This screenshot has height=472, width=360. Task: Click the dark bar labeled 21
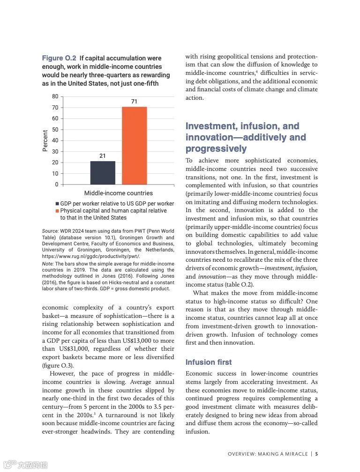click(103, 172)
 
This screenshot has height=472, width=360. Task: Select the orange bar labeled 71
click(134, 145)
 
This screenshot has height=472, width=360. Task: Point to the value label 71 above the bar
click(134, 102)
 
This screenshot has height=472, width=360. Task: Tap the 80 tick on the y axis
click(55, 96)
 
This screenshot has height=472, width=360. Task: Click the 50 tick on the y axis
click(55, 129)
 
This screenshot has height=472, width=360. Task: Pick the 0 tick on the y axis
click(57, 184)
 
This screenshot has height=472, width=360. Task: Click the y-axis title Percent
click(45, 140)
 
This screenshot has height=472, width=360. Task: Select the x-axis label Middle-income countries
click(118, 193)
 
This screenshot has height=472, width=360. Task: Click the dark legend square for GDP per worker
click(57, 204)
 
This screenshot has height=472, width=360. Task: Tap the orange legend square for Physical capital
click(57, 211)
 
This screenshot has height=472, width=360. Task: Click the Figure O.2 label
click(59, 58)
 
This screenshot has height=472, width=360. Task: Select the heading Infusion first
click(209, 362)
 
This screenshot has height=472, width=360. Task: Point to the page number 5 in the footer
click(317, 454)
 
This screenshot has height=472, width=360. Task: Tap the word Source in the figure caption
click(50, 231)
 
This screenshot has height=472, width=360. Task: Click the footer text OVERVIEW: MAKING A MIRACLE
click(268, 454)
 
